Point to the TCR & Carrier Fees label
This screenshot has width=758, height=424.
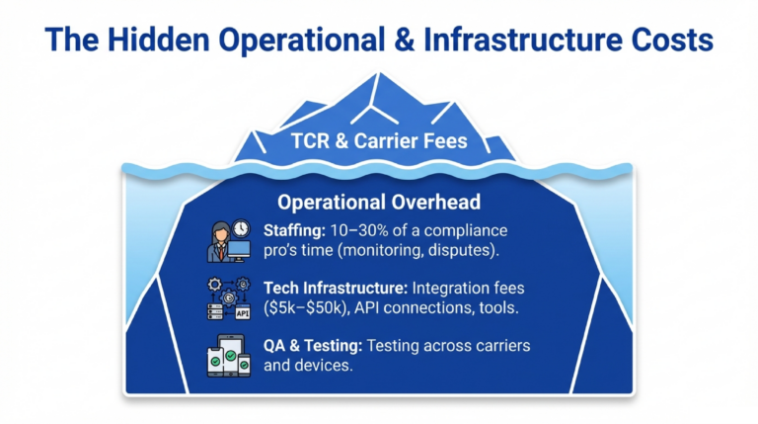point(379,140)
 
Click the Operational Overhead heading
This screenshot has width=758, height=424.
point(379,202)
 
